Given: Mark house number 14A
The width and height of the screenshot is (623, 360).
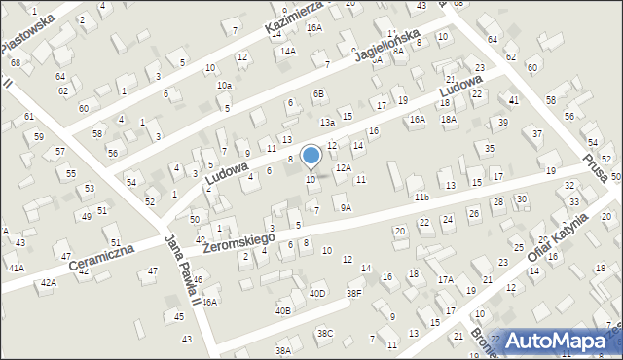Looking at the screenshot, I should [x=287, y=51].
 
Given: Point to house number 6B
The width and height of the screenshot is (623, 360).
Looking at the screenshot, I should [x=318, y=93].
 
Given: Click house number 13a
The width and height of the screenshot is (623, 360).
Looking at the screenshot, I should [x=328, y=122].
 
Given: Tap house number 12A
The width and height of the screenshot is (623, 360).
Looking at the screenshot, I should [x=344, y=167].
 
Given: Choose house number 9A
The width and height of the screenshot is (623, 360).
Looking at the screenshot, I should [x=346, y=207].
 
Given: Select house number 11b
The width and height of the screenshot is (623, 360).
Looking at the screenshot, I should [x=421, y=198].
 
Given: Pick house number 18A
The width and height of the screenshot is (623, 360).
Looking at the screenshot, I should [x=448, y=119].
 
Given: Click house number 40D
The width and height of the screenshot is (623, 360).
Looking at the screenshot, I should [x=317, y=293].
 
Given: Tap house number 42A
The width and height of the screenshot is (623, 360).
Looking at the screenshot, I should [x=48, y=282].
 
